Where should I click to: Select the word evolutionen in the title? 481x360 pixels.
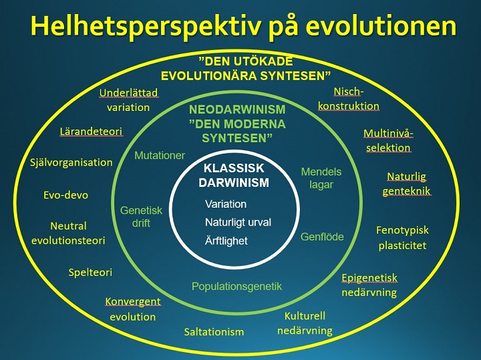[381, 25]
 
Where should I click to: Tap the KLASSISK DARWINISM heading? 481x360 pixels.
[234, 176]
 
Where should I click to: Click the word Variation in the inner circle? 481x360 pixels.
[226, 204]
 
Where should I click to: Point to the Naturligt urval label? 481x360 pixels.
[238, 223]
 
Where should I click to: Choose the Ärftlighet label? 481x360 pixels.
[226, 240]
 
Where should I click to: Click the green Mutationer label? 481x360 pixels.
[160, 156]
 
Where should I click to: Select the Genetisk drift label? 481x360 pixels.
[141, 217]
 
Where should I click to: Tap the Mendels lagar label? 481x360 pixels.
[321, 178]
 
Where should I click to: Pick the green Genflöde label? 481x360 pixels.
[322, 236]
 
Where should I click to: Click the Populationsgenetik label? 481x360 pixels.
[236, 287]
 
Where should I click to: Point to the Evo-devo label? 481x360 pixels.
[65, 195]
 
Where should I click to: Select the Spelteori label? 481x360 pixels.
[90, 273]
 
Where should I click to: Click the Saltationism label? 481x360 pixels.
[214, 332]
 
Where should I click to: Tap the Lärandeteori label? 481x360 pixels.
[91, 132]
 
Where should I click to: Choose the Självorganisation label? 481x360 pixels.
[71, 162]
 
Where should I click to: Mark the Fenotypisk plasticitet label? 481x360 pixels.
[402, 238]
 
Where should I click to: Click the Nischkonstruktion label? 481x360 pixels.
[349, 99]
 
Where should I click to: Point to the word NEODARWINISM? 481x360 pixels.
[237, 110]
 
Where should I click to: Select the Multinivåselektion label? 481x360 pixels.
[388, 141]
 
